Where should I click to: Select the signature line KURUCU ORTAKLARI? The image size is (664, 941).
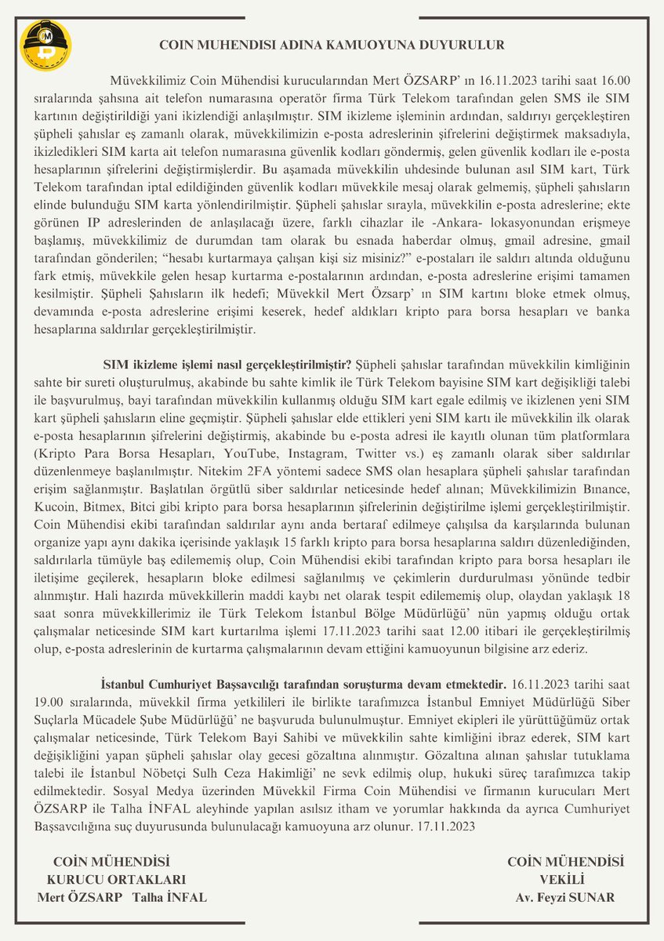pos(117,880)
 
